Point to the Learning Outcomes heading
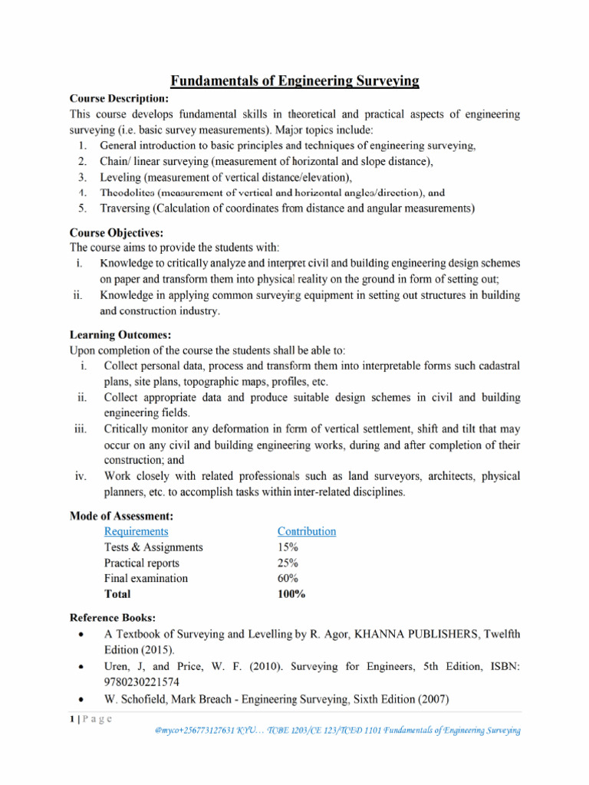point(120,335)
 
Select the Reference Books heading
point(113,617)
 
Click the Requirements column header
point(136,531)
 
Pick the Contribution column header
point(306,531)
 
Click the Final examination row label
point(146,578)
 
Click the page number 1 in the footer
point(72,718)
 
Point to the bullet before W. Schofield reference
point(81,699)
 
